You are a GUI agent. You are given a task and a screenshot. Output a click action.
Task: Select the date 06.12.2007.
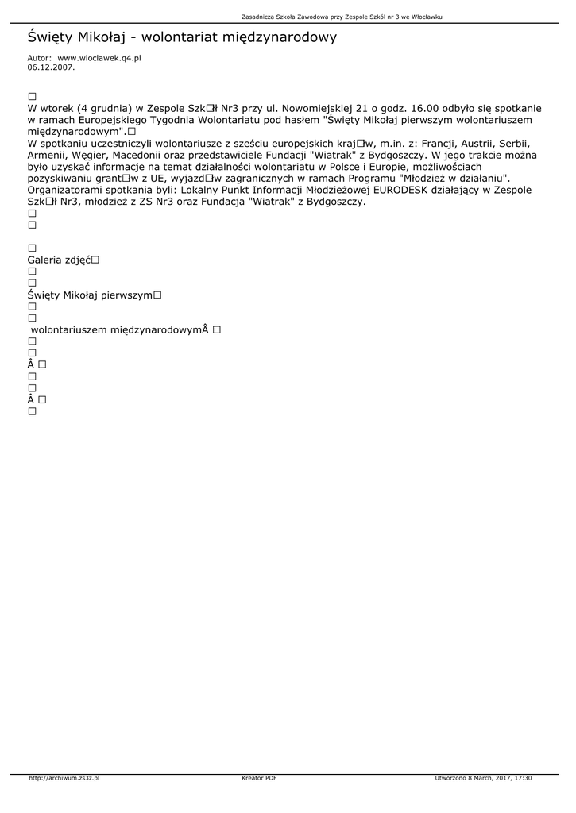point(51,67)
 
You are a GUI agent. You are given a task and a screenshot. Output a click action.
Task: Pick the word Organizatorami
point(69,190)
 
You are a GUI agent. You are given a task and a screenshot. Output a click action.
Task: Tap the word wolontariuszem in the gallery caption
point(70,329)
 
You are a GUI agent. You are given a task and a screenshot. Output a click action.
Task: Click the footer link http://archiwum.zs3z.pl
point(64,779)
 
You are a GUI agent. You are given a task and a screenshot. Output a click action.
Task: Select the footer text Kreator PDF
point(259,779)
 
